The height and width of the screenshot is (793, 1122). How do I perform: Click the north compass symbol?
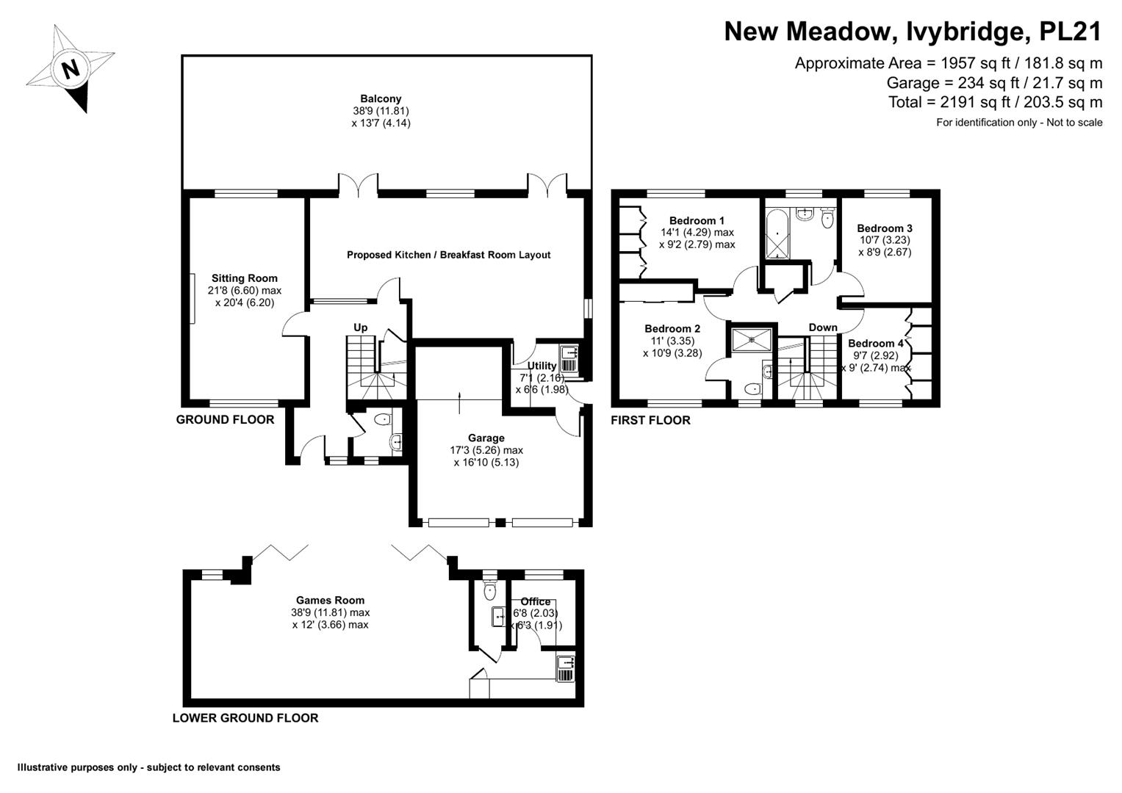point(71,69)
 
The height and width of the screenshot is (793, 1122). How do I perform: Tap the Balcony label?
point(381,99)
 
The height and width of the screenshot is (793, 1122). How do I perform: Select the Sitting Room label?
point(245,278)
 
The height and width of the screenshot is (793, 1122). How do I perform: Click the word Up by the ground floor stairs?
point(361,327)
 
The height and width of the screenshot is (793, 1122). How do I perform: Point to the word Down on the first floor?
point(823,327)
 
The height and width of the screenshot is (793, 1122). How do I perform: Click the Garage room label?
point(486,438)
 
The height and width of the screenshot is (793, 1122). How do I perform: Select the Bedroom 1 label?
point(697,221)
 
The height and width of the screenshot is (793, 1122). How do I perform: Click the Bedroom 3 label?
point(885,228)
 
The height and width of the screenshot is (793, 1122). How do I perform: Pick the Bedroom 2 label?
point(672,329)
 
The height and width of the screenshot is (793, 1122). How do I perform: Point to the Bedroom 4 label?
point(876,344)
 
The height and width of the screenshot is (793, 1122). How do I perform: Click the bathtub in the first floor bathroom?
point(777,234)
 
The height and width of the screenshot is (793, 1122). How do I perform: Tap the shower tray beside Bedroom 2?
point(752,339)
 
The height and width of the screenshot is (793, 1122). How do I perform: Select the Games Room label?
point(330,601)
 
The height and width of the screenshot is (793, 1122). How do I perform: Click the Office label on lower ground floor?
point(535,602)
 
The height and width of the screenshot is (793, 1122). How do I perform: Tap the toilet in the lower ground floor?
point(490,590)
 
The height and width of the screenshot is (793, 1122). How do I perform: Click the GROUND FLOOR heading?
point(225,420)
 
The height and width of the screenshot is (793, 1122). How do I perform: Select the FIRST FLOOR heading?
point(651,421)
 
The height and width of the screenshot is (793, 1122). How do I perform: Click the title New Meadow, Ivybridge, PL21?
point(913,32)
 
